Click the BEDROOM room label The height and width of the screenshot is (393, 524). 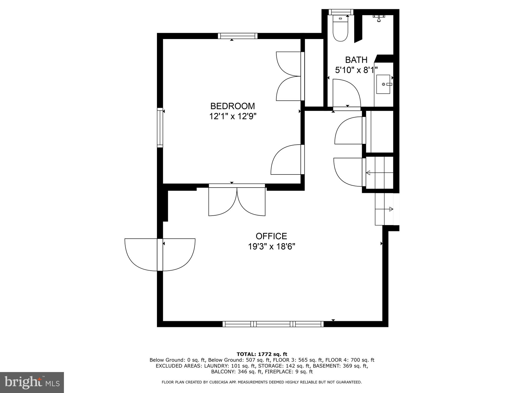(232, 106)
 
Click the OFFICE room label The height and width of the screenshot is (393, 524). (271, 236)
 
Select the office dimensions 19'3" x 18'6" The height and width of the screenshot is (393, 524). (271, 247)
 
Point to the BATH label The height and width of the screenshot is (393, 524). (356, 60)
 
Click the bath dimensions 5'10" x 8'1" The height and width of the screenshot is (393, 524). (356, 70)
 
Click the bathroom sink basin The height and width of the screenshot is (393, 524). (383, 84)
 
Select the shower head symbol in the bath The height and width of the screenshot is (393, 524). (379, 18)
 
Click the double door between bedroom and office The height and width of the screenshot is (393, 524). (237, 200)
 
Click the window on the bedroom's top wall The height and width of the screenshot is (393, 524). (238, 36)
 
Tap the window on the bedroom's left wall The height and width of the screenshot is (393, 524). (160, 127)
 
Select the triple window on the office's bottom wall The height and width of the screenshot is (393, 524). (273, 324)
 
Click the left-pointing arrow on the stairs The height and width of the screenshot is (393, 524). (368, 173)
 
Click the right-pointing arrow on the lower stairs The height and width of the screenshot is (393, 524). (391, 209)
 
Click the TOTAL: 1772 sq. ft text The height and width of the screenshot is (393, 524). (262, 354)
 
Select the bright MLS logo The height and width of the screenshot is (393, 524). (32, 382)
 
